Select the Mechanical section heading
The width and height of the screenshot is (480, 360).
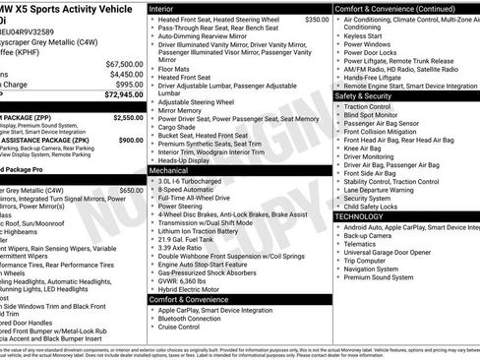(x=171, y=170)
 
